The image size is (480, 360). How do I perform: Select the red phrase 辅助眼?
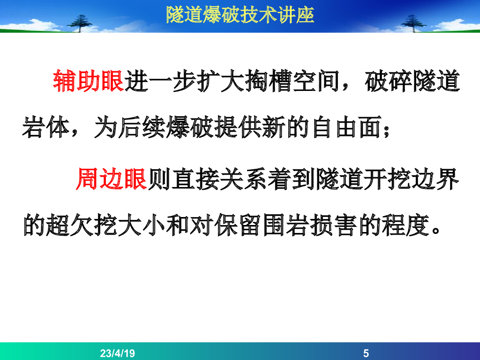pos(89,81)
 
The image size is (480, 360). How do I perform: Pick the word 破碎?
pos(389,81)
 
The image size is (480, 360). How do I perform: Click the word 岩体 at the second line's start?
pos(45,127)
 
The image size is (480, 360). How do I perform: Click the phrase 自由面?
pos(346,127)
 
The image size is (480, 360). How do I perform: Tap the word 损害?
pos(334,225)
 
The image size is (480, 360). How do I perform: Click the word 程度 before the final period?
pos(406,225)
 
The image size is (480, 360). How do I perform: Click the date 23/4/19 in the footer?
pos(117,353)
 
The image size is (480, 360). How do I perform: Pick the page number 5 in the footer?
pos(366,353)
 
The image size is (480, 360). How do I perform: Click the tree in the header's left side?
pos(80,23)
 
